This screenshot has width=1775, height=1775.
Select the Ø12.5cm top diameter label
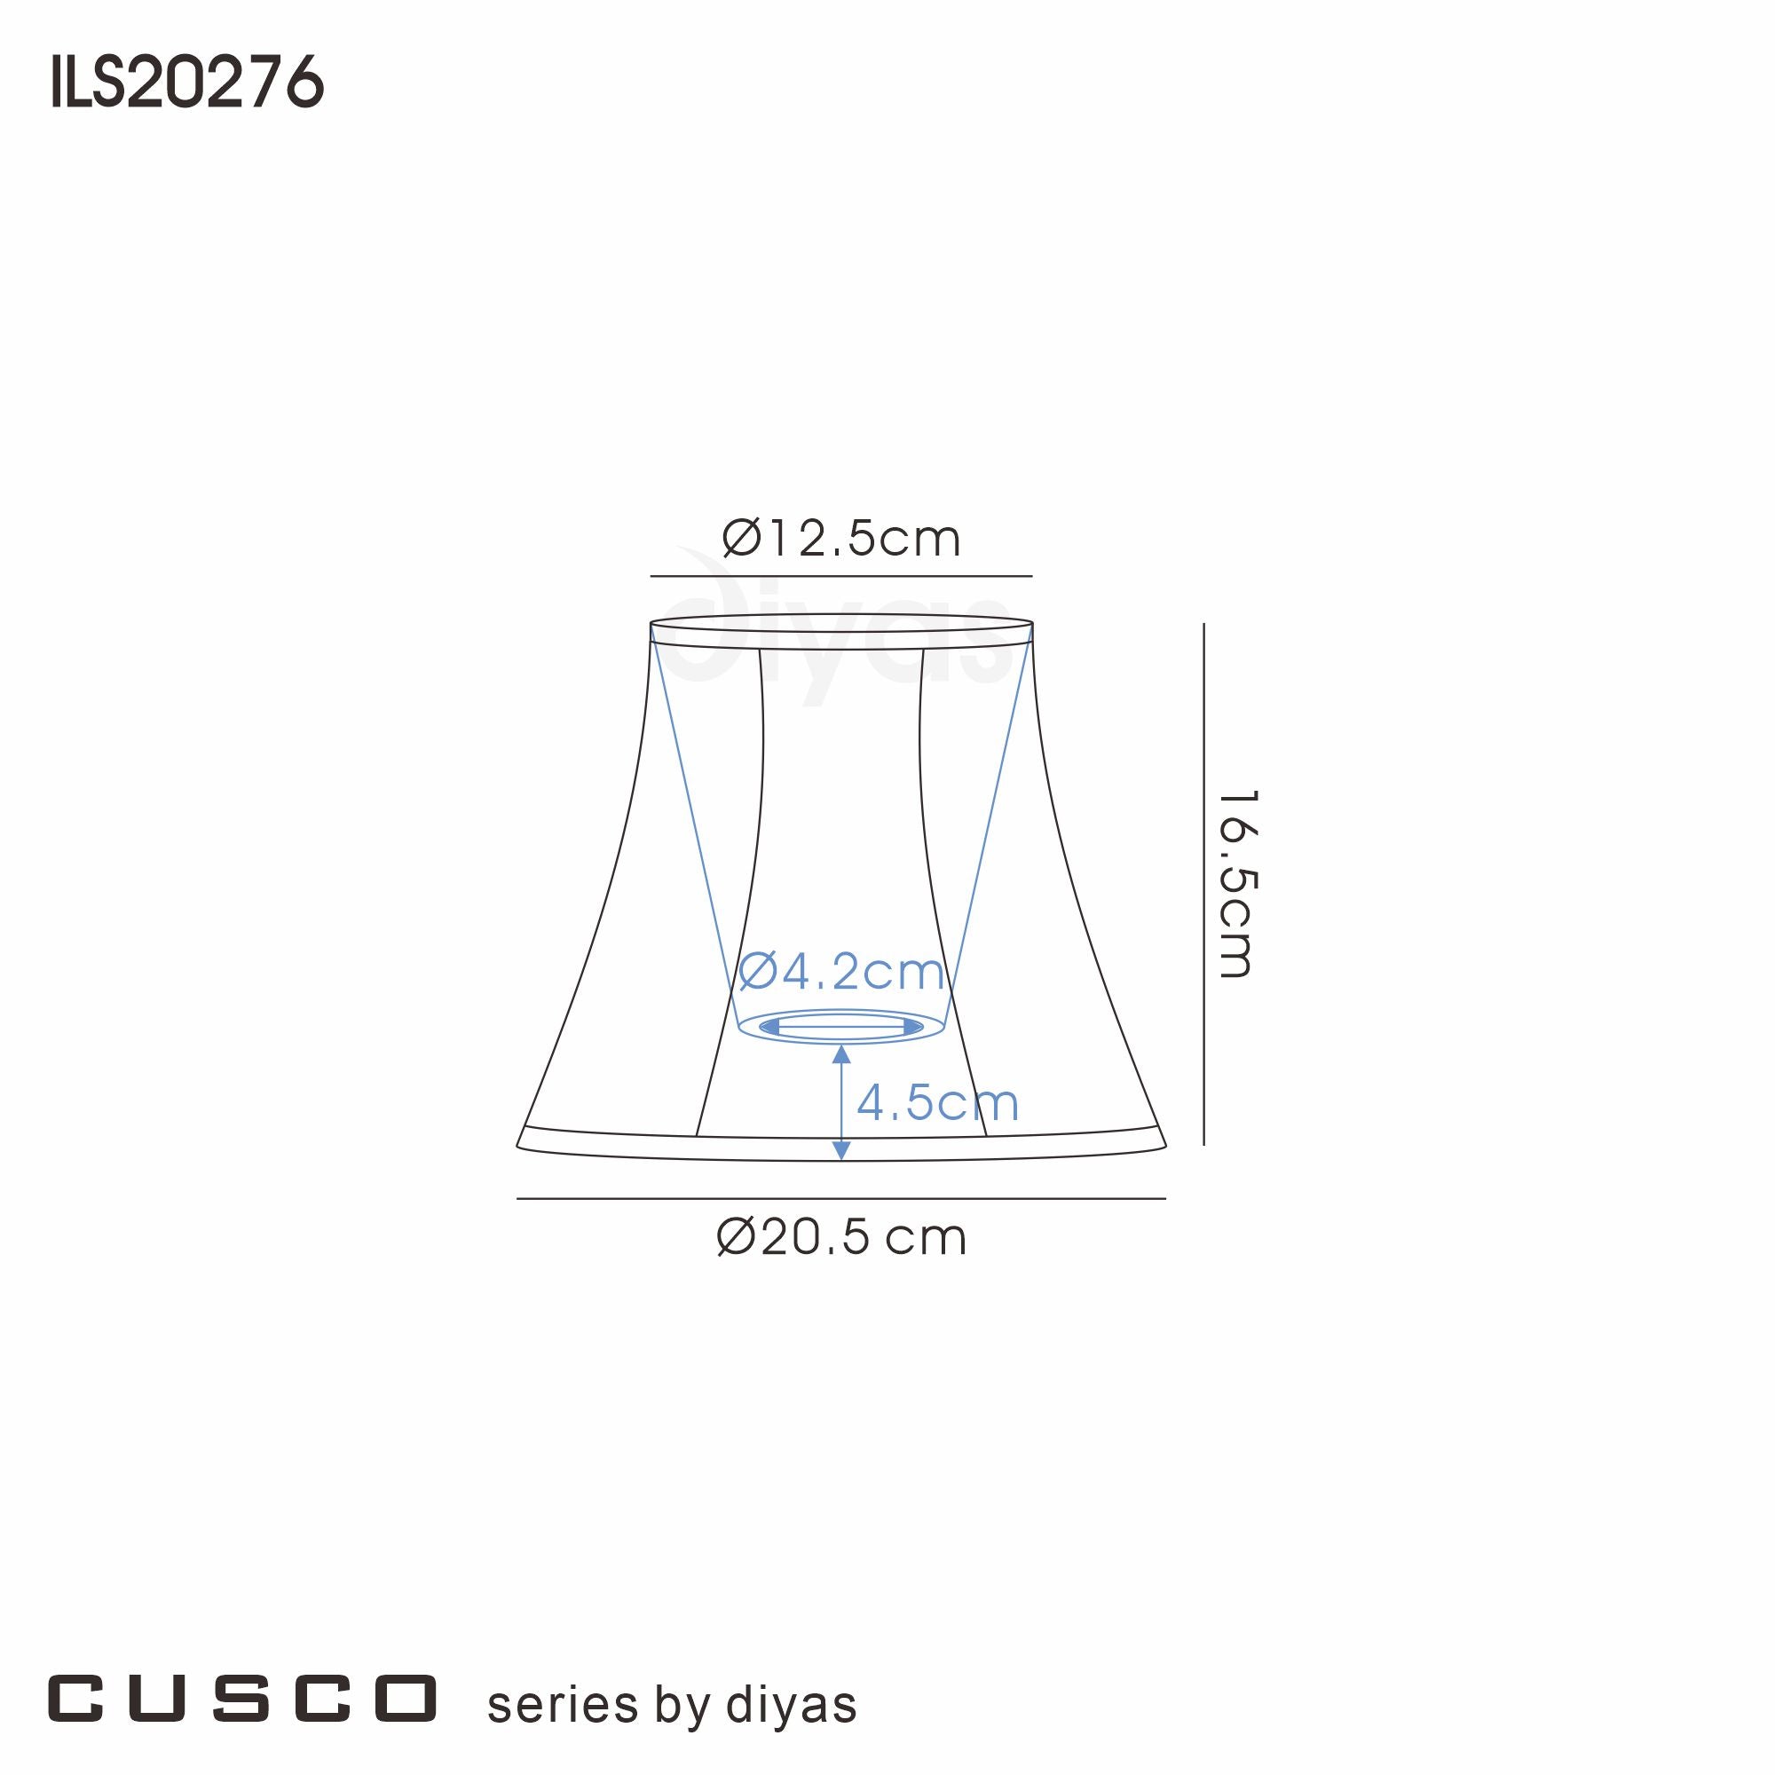[x=840, y=540]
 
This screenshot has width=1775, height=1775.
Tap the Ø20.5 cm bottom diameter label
[x=840, y=1238]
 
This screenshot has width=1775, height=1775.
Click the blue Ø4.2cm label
[x=840, y=971]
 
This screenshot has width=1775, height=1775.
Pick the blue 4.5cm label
[x=937, y=1102]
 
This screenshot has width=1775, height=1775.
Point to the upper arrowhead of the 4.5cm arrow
[x=840, y=1054]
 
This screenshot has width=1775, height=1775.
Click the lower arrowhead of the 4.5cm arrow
[x=840, y=1149]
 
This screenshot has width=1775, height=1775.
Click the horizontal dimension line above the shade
[x=840, y=576]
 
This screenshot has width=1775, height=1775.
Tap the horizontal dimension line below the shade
[x=840, y=1199]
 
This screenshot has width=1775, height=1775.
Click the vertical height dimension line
[x=1203, y=883]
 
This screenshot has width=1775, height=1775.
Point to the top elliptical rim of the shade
[x=840, y=616]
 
